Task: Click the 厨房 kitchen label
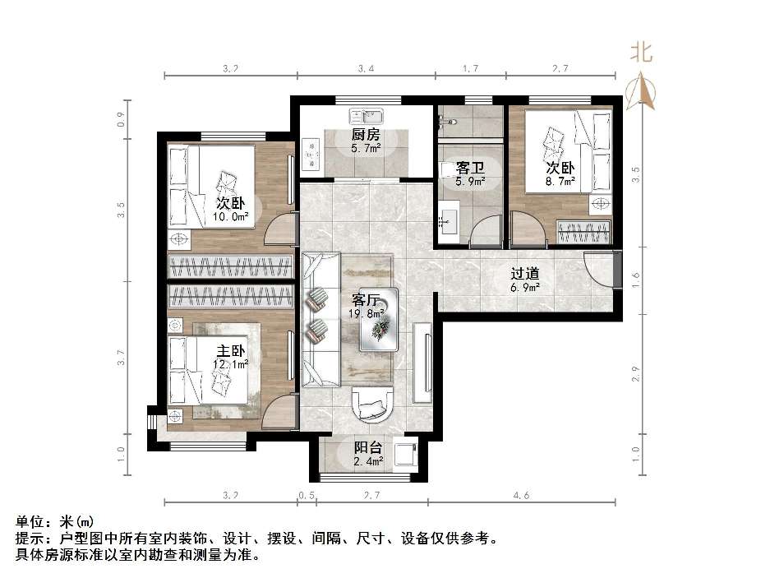(x=366, y=135)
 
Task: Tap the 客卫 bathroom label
(x=470, y=168)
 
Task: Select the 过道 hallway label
(x=524, y=274)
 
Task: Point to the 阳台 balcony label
(x=368, y=448)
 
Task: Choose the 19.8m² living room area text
(x=367, y=312)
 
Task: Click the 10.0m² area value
(x=230, y=217)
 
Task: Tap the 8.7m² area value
(x=560, y=180)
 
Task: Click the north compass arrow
(x=642, y=90)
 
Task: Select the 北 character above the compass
(x=641, y=53)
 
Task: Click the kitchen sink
(x=366, y=115)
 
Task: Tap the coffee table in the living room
(x=379, y=318)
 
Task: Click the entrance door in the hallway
(x=602, y=270)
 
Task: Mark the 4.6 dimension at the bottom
(x=521, y=496)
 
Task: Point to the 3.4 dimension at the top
(x=367, y=69)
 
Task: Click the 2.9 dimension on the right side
(x=635, y=374)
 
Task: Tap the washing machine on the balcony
(x=405, y=454)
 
